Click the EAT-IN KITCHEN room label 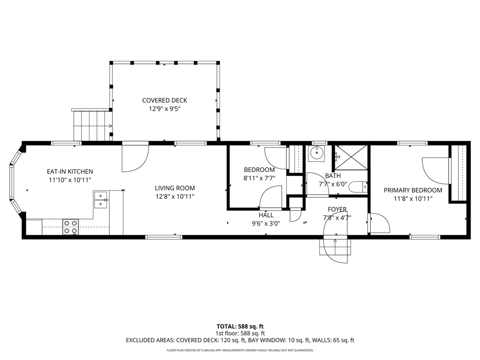pos(69,172)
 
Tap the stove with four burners pos(71,226)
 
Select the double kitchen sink pos(101,200)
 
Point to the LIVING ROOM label pos(174,188)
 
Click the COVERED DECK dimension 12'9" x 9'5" pos(165,108)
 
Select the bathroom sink pos(317,153)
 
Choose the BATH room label pos(333,176)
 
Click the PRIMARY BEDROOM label pos(412,190)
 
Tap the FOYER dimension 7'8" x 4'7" pos(337,217)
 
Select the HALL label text pos(266,215)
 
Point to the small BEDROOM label pos(259,170)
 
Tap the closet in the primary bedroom pos(458,173)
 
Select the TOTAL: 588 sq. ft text pos(243,326)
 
